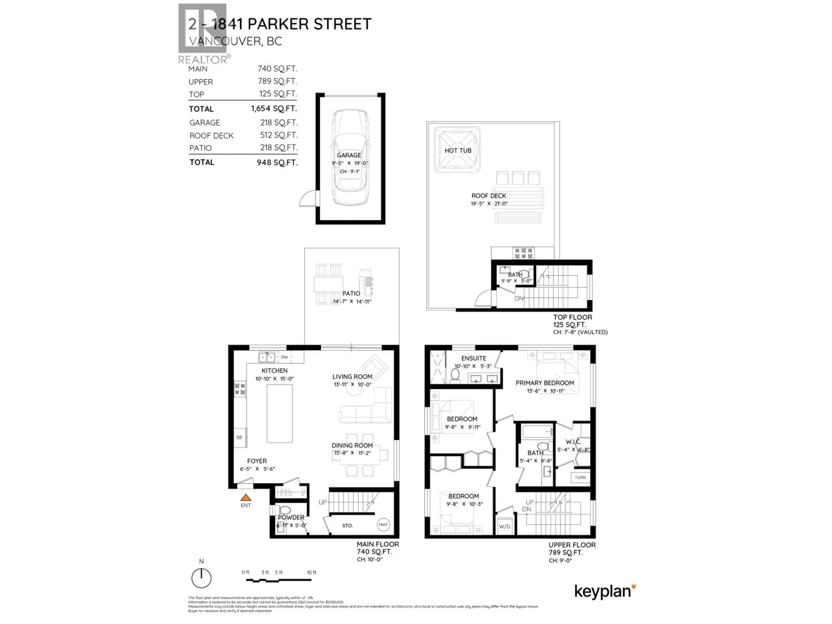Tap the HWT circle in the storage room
coord(383,525)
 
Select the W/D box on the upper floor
coord(504,526)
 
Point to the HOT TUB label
coord(458,150)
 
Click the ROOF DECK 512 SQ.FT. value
coord(279,135)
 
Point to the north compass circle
coord(201,578)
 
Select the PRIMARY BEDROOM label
coord(545,383)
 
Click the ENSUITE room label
coord(474,358)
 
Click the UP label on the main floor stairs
coord(322,502)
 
